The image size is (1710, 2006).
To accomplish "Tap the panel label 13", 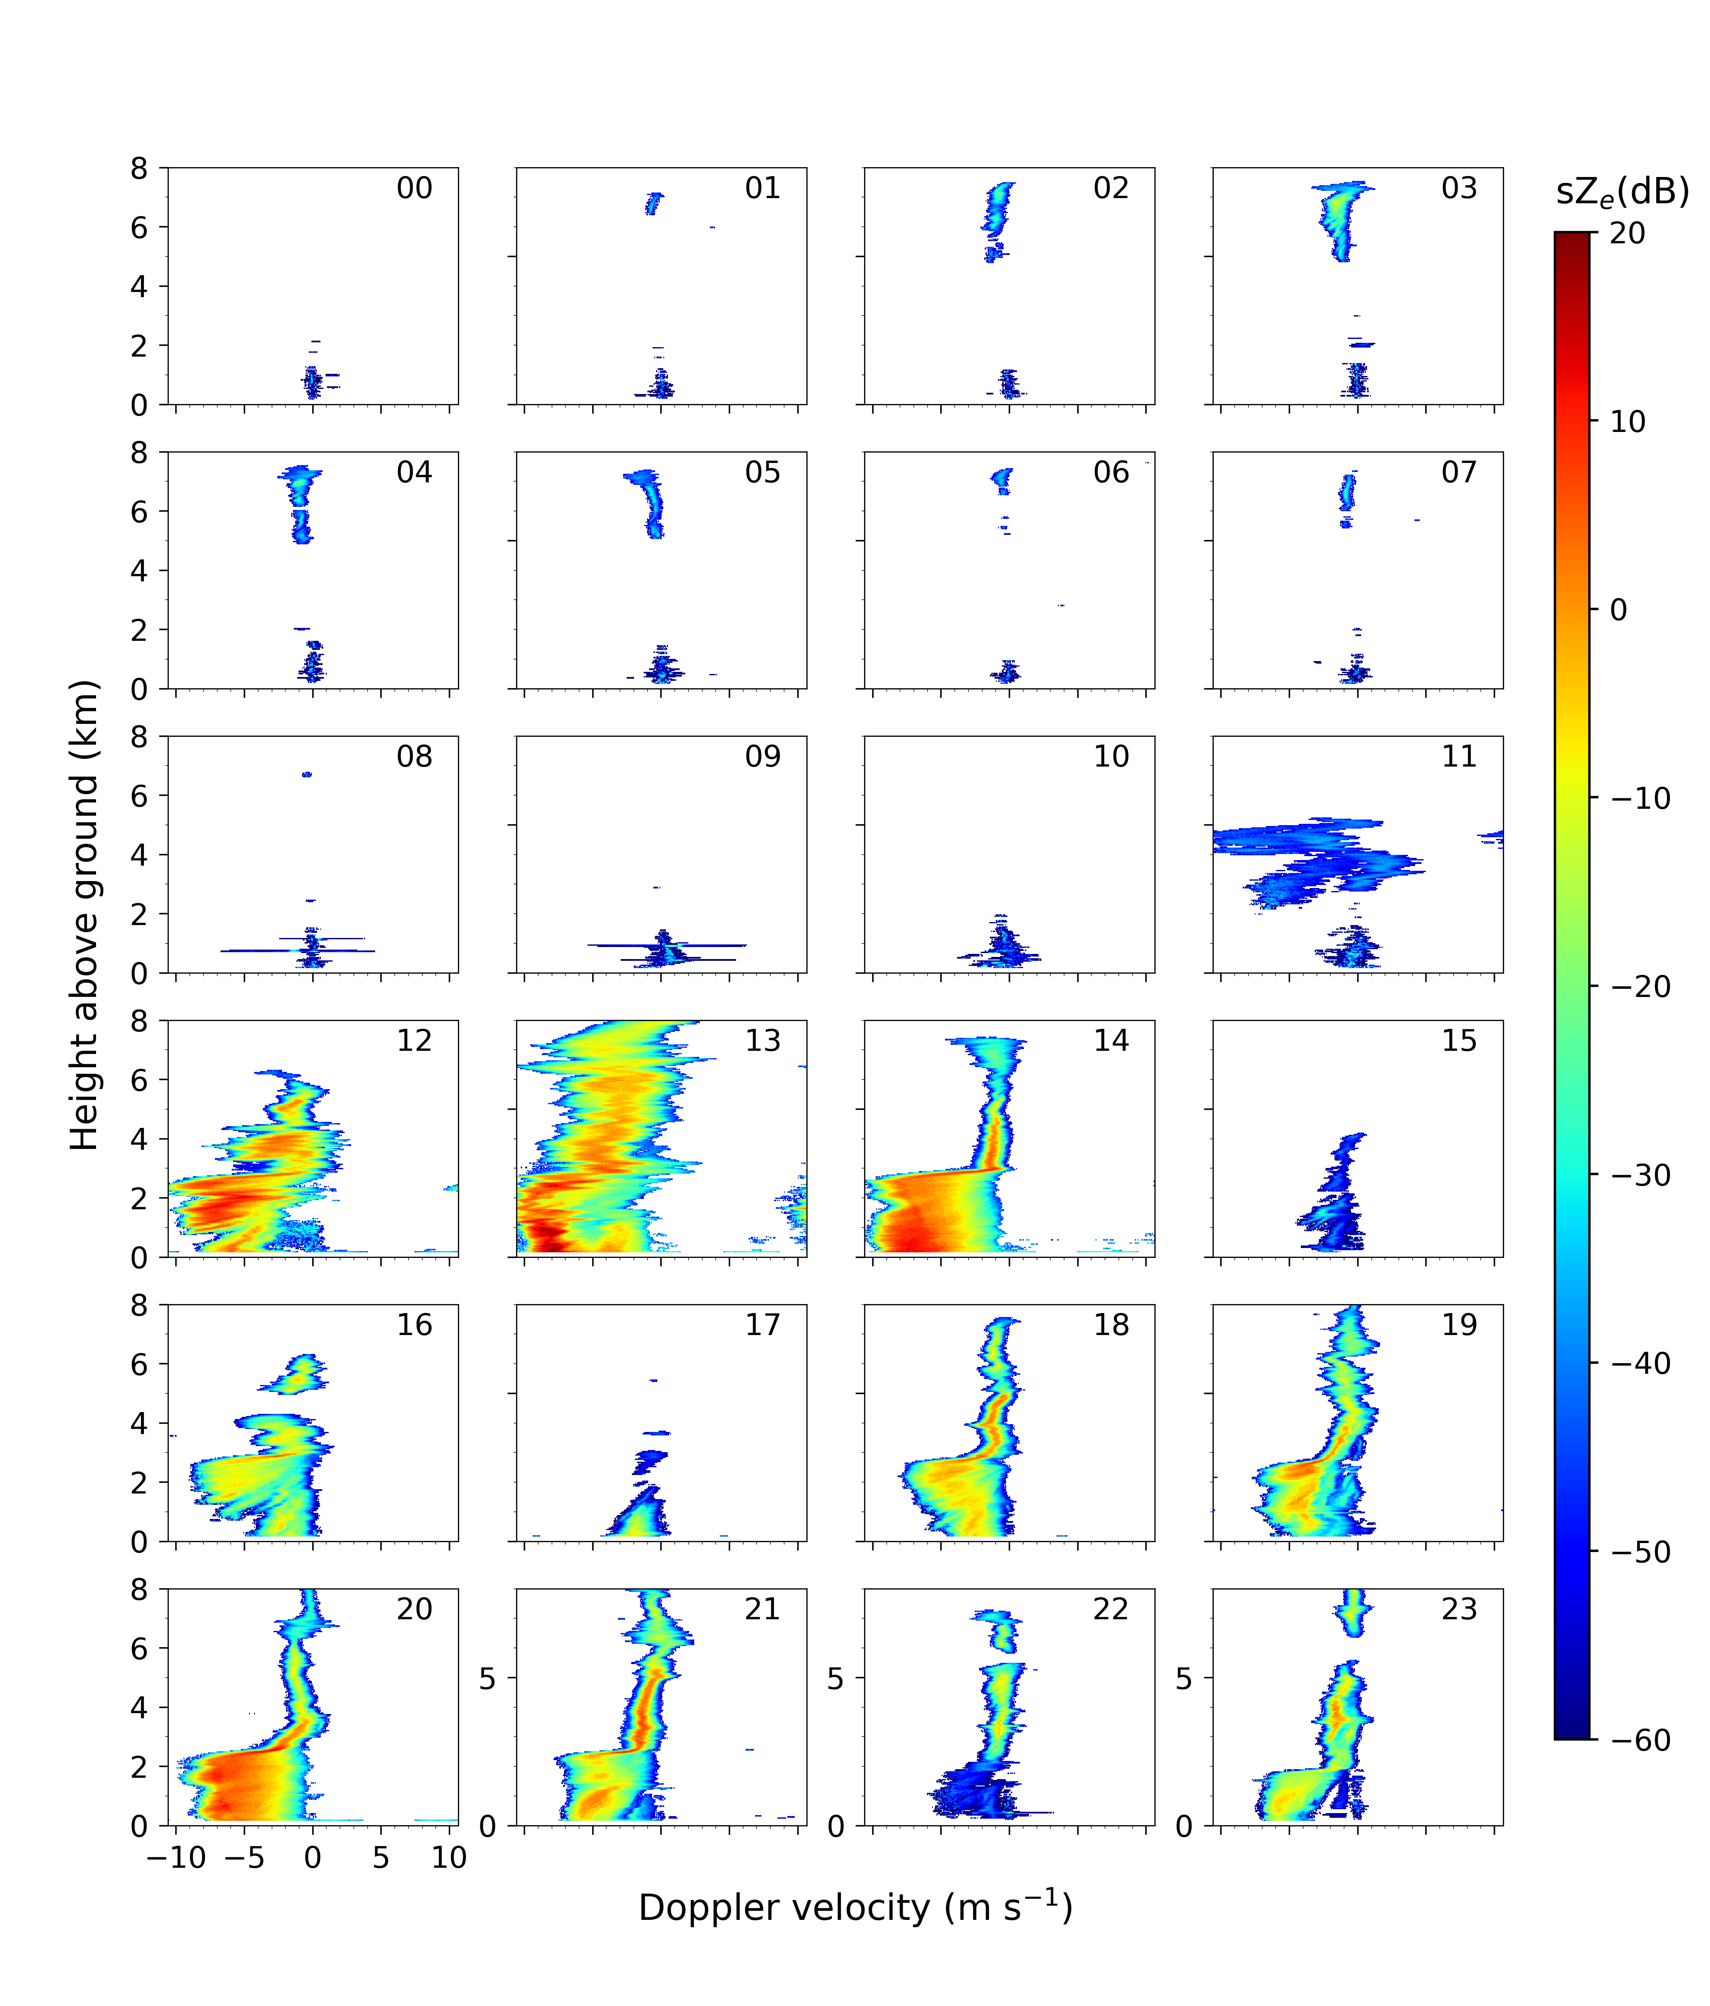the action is click(763, 1041).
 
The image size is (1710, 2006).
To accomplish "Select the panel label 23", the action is click(1459, 1609).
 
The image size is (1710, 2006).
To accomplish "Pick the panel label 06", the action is click(1112, 472).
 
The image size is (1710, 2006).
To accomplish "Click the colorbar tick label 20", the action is click(1628, 233).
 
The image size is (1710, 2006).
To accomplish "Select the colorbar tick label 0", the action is click(1618, 610).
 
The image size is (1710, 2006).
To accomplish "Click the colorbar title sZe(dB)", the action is click(1622, 192).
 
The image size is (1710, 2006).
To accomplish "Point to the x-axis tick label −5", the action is click(244, 1858).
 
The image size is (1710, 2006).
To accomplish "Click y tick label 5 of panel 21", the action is click(487, 1678).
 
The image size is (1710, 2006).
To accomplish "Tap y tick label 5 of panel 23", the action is click(1183, 1678).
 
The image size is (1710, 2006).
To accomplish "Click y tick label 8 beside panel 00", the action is click(140, 168).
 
